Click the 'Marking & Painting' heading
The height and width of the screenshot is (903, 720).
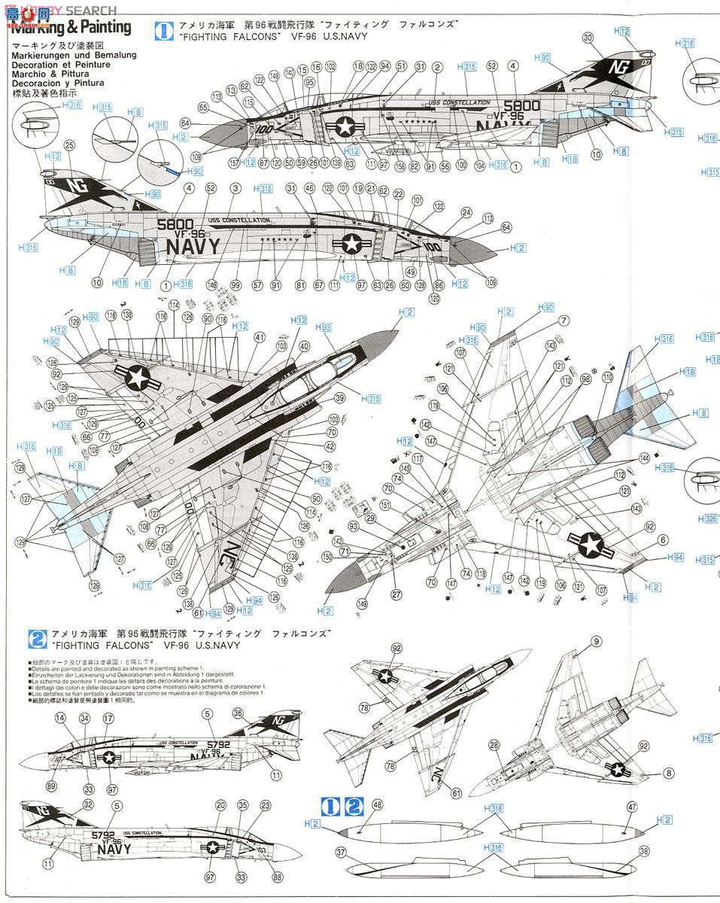click(x=71, y=28)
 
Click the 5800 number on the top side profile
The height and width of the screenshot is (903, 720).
click(x=521, y=105)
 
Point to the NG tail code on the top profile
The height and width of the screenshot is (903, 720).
click(x=621, y=65)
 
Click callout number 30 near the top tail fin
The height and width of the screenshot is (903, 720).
click(x=588, y=37)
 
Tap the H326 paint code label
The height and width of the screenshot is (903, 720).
click(x=707, y=519)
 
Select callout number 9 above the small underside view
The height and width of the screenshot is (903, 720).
click(x=596, y=641)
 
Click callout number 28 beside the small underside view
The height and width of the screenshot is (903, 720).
click(x=494, y=745)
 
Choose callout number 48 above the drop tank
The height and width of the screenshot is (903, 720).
click(x=377, y=805)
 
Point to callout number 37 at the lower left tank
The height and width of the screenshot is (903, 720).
click(x=341, y=852)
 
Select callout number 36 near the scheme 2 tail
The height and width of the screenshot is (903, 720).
click(x=238, y=713)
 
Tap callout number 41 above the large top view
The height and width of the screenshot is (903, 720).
click(x=260, y=337)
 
